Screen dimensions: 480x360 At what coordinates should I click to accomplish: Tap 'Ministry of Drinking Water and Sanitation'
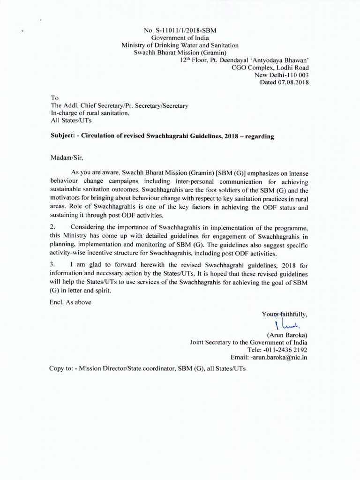pos(180,45)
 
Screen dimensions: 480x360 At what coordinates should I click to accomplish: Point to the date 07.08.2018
pos(296,82)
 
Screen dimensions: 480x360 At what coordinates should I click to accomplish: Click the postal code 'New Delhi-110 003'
pos(281,75)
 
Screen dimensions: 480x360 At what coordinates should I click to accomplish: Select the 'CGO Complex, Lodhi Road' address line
pos(270,67)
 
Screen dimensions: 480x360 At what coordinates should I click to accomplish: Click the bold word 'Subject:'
pos(64,136)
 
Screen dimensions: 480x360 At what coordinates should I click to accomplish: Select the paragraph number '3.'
pos(53,265)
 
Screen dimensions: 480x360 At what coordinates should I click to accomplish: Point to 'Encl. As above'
pos(70,302)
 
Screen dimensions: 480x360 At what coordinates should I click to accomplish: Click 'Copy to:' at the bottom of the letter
pos(61,368)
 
